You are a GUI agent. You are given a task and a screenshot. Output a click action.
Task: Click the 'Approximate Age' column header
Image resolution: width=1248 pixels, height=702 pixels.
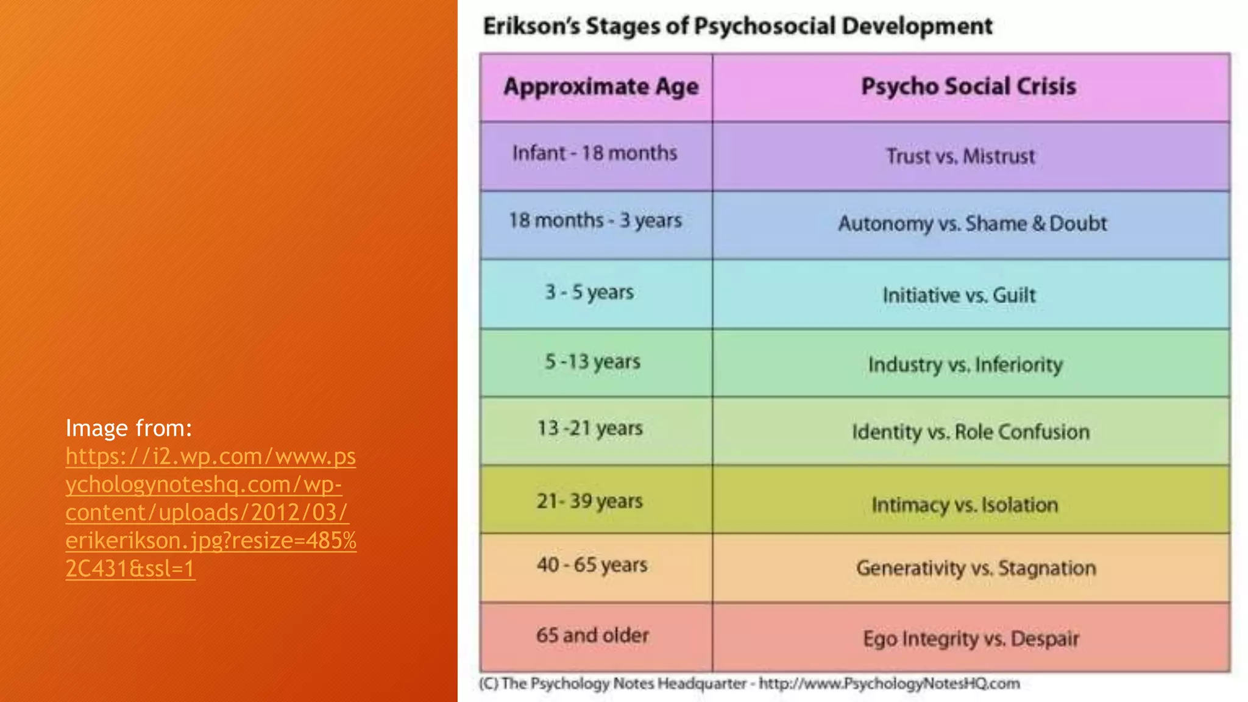(601, 87)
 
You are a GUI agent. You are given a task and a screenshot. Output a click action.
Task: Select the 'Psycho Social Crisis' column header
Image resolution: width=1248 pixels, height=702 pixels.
(968, 87)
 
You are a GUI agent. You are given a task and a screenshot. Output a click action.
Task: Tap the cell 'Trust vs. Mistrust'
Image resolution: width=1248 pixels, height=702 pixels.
(960, 157)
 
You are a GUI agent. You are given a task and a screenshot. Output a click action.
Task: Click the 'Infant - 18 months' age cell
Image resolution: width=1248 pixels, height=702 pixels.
(595, 153)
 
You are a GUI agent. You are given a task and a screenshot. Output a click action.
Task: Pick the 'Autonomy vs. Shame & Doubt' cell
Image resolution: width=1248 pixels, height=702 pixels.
(973, 224)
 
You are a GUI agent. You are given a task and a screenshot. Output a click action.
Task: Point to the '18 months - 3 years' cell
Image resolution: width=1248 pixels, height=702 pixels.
(595, 221)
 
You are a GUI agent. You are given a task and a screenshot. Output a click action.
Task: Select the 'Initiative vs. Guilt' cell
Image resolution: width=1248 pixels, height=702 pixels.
(959, 296)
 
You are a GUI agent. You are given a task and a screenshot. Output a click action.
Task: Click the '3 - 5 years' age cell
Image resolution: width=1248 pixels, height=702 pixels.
(589, 292)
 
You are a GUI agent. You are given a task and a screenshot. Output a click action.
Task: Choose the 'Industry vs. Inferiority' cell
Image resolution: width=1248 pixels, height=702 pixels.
(965, 365)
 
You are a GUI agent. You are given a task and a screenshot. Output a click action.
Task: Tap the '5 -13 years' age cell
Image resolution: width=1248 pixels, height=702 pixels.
(592, 362)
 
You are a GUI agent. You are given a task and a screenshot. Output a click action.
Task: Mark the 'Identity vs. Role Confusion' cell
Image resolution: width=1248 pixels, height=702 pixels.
(971, 432)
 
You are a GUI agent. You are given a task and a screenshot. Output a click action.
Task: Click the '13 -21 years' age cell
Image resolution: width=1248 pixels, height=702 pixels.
(590, 428)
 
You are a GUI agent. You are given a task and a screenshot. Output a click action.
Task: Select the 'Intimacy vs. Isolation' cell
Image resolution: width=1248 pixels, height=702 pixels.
(965, 505)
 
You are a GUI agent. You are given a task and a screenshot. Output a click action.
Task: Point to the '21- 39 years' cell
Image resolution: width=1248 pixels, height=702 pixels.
(590, 501)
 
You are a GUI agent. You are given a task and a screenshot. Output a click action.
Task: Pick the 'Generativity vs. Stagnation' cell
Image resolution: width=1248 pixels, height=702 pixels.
(976, 569)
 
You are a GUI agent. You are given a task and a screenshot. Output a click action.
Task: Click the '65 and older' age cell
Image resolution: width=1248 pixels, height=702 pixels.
(592, 636)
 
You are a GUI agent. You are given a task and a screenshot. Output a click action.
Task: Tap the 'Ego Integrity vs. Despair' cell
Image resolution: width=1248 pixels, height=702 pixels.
(971, 639)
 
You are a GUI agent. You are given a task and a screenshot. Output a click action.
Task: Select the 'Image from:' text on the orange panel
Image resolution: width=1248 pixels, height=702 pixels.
(129, 428)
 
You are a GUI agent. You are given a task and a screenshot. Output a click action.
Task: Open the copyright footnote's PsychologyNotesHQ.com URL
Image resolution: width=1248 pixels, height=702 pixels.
(889, 684)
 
